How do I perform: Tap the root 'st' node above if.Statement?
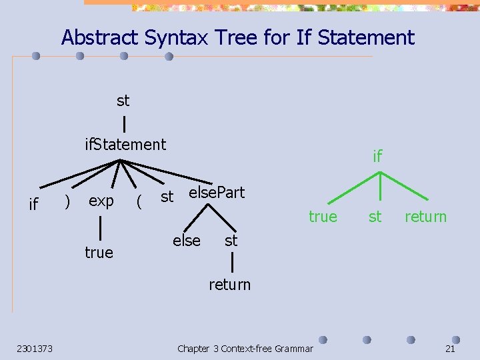click(123, 101)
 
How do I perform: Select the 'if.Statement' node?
click(125, 144)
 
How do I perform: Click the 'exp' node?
click(101, 201)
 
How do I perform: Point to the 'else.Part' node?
click(217, 193)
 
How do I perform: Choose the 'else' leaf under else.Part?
click(187, 241)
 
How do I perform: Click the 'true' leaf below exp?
click(99, 253)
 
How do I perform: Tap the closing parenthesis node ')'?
click(67, 201)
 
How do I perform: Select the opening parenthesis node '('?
click(138, 201)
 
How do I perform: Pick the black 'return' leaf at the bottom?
click(230, 285)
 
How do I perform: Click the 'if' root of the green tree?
click(377, 157)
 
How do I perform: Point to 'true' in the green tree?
click(323, 217)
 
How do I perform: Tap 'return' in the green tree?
click(425, 217)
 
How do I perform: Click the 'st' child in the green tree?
click(375, 217)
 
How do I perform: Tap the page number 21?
click(450, 349)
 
